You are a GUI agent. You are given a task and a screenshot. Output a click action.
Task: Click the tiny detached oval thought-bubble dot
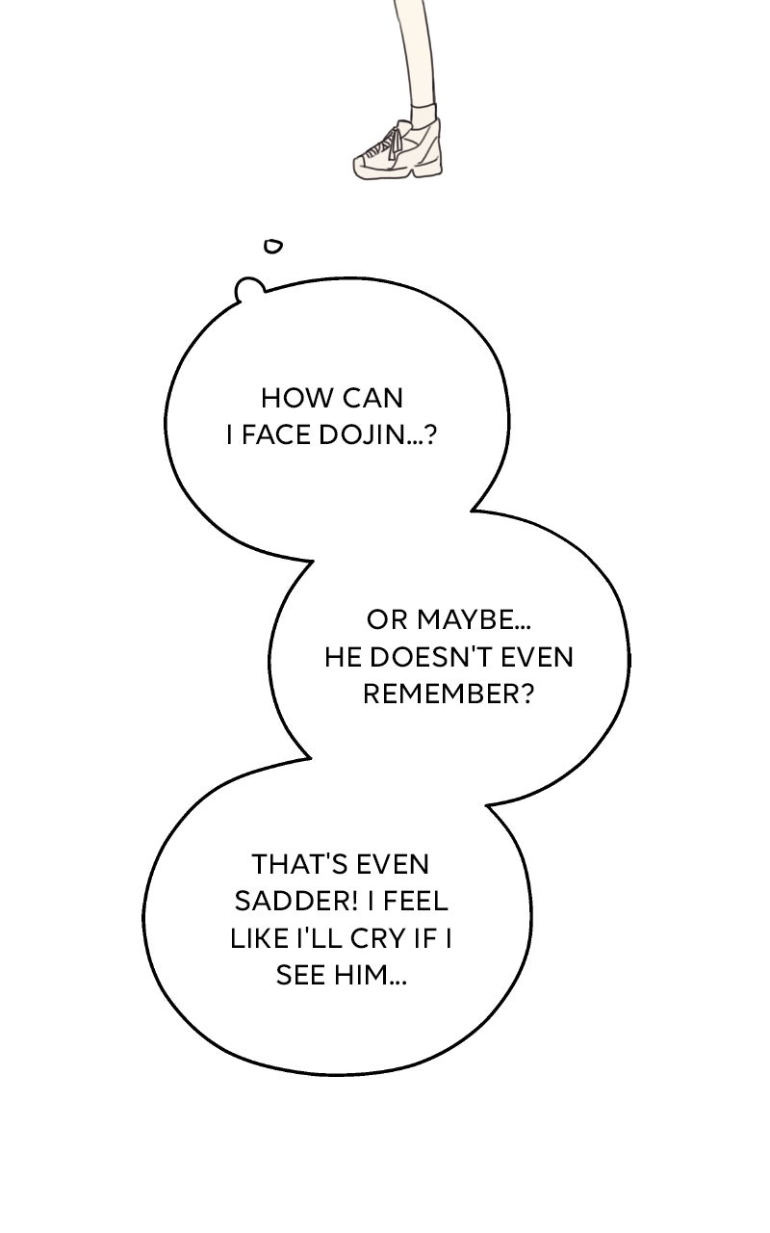tap(273, 247)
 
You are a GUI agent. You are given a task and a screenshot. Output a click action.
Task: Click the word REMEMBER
tap(447, 695)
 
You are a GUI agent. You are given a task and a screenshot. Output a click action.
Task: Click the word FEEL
tap(419, 901)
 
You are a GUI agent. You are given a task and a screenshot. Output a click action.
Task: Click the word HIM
tap(370, 976)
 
